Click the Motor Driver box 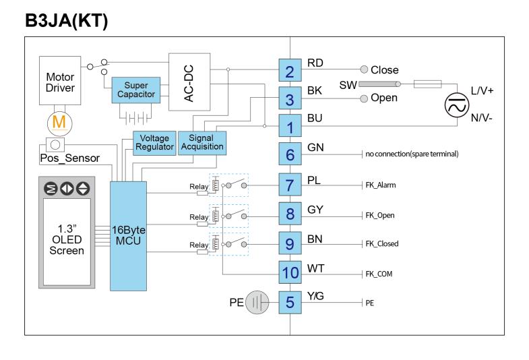pyautogui.click(x=60, y=81)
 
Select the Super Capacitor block pyautogui.click(x=136, y=90)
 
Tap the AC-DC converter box pyautogui.click(x=189, y=82)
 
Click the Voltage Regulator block pyautogui.click(x=154, y=143)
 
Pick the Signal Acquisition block pyautogui.click(x=202, y=143)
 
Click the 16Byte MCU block pyautogui.click(x=128, y=236)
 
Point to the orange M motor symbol pyautogui.click(x=59, y=123)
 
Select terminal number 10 pyautogui.click(x=290, y=272)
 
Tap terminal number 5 pyautogui.click(x=290, y=302)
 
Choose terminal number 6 pyautogui.click(x=290, y=154)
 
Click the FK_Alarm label pyautogui.click(x=381, y=185)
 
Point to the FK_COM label pyautogui.click(x=379, y=274)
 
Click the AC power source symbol pyautogui.click(x=457, y=105)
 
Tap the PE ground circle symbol pyautogui.click(x=257, y=302)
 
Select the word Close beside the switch pyautogui.click(x=385, y=70)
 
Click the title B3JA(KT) pyautogui.click(x=67, y=21)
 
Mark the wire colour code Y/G pyautogui.click(x=315, y=296)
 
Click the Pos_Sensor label pyautogui.click(x=70, y=158)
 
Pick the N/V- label pyautogui.click(x=481, y=118)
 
